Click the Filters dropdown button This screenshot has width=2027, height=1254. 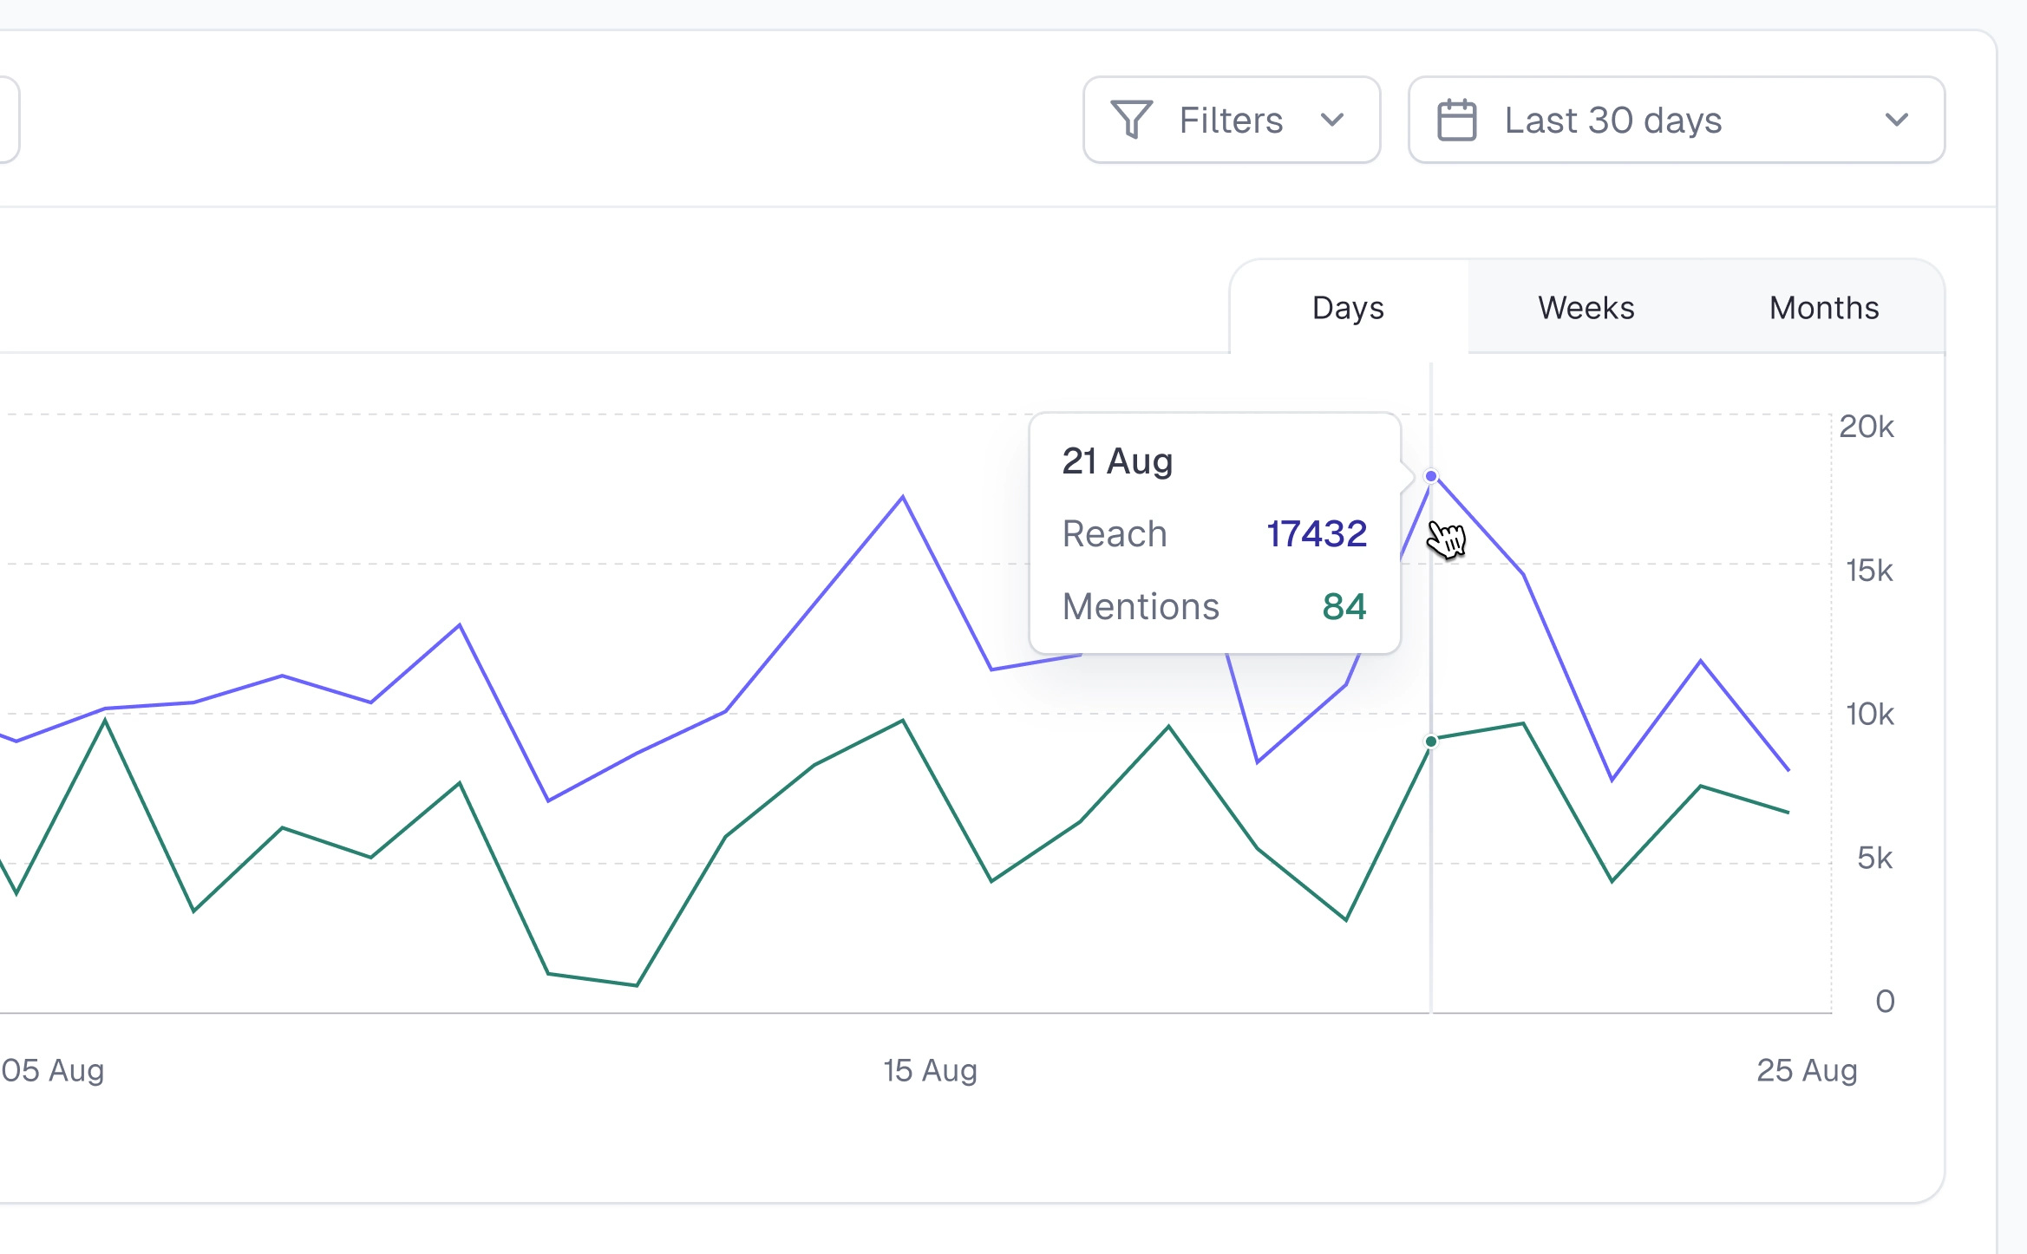1231,120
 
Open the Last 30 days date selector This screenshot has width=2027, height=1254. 1676,120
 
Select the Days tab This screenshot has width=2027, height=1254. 1348,308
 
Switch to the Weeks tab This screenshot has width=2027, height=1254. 1586,308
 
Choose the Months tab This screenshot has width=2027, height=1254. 1823,308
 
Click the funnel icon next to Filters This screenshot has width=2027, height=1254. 1131,120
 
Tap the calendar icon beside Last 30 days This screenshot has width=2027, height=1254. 1456,120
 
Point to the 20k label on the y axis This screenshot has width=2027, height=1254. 1866,427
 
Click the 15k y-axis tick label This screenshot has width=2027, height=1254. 1868,571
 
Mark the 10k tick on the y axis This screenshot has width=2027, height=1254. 1868,715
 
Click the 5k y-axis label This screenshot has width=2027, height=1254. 1873,859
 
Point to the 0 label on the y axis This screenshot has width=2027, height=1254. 1884,1002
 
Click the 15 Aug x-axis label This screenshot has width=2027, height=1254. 930,1070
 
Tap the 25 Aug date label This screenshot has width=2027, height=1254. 1806,1070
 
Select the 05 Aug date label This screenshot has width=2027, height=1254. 52,1070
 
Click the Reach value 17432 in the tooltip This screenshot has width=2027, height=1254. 1316,534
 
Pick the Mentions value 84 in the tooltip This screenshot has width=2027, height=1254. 1344,607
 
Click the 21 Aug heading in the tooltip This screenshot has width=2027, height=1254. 1117,461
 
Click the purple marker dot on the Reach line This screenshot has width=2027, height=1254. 1431,476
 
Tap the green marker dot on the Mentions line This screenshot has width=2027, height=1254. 1431,741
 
